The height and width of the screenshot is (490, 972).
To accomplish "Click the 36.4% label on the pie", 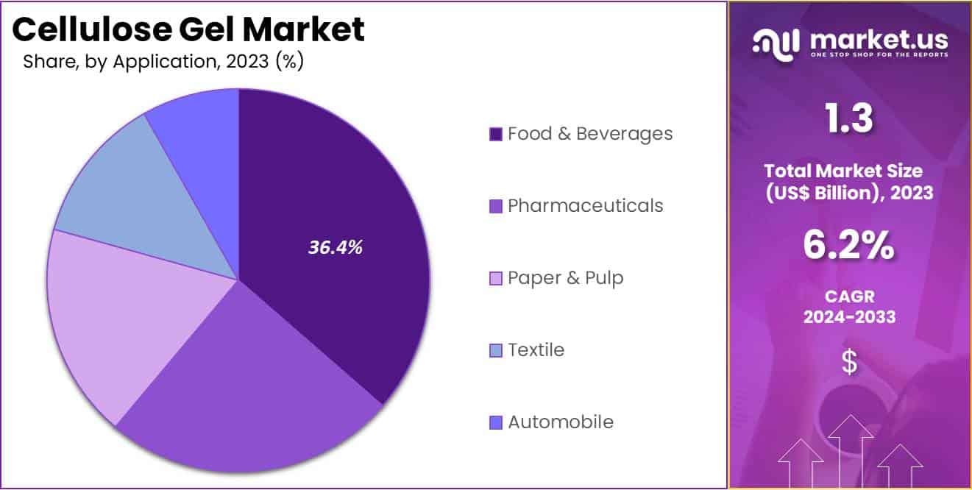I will (x=335, y=248).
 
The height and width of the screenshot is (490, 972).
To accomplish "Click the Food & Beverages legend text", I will (x=590, y=134).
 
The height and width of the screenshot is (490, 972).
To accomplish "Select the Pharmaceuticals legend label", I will (x=585, y=206).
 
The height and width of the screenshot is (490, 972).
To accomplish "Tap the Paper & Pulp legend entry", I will (x=565, y=278).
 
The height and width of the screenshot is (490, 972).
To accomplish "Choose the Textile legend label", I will (x=536, y=350).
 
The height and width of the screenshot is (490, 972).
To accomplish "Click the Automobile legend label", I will (x=561, y=422).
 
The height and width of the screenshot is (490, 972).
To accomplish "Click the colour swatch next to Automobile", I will (x=496, y=422).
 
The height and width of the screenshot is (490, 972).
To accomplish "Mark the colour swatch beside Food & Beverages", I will (x=496, y=134).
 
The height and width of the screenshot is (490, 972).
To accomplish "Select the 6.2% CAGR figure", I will (x=849, y=246).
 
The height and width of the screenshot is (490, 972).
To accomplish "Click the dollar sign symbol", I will (x=849, y=362).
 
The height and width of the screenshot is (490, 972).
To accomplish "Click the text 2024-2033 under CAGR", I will (x=849, y=317).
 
